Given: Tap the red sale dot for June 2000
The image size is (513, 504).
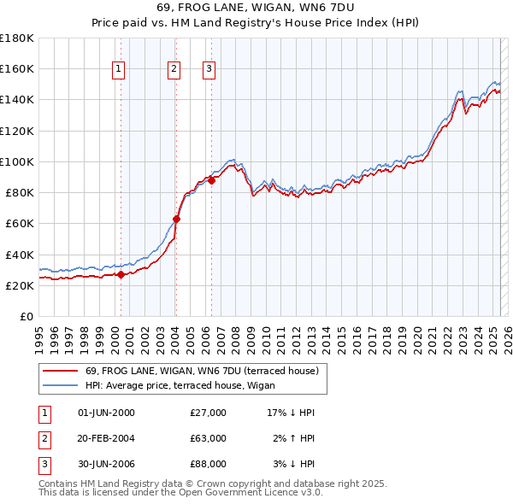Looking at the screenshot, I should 121,275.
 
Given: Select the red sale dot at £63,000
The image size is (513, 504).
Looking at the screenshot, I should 176,219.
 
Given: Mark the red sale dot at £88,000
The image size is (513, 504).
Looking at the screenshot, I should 211,180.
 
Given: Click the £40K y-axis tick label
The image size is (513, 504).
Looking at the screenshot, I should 19,255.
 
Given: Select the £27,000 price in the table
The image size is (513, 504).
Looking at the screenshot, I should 209,413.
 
